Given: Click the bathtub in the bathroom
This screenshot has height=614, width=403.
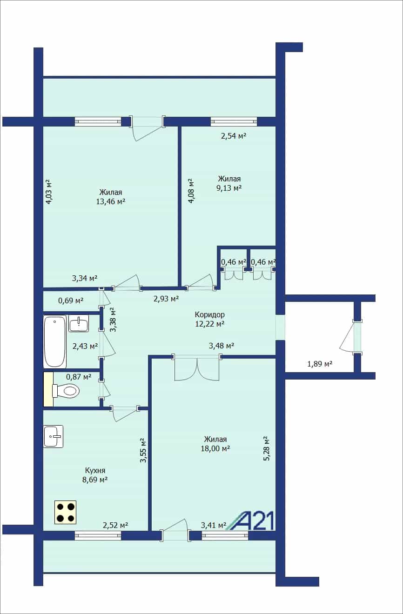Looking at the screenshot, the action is tap(55, 341).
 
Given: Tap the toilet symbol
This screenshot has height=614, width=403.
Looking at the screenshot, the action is tap(66, 390).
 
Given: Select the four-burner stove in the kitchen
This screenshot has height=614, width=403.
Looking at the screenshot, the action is tap(65, 512).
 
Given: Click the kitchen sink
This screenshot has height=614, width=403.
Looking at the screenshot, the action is tap(53, 436).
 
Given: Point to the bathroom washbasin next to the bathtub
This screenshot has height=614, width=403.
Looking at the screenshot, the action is tap(79, 323).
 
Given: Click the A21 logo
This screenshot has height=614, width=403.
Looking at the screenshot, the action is tap(250, 521).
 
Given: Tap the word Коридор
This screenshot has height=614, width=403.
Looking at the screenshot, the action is tap(210, 314).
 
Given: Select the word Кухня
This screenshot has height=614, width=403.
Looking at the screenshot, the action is tap(95, 470).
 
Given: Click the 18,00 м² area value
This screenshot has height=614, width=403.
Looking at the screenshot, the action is tap(215, 448).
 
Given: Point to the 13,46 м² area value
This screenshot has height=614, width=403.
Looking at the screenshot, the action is tap(111, 201).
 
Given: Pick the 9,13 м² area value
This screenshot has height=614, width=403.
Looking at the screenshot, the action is tap(229, 188).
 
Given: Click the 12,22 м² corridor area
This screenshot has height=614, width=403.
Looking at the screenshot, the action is tap(210, 324).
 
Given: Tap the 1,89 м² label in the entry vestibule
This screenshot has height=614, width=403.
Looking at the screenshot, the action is tap(320, 364).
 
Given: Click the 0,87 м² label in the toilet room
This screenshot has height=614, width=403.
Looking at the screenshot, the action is tap(79, 377).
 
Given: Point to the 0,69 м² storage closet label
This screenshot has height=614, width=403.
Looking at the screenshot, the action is tap(71, 300).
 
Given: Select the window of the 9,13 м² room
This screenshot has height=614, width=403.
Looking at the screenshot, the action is tap(234, 121).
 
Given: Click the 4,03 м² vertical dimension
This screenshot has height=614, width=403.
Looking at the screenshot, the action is tap(48, 192).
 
